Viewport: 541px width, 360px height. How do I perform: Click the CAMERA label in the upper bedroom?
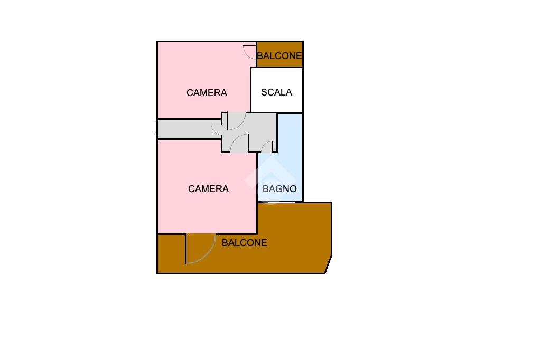click(207, 93)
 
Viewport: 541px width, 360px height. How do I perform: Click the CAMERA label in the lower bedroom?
click(208, 189)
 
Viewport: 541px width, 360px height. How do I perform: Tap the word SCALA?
click(276, 92)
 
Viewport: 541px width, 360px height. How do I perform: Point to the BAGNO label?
click(279, 189)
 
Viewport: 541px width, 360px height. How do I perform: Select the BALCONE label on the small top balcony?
click(279, 55)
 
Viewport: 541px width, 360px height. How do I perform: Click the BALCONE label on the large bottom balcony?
click(244, 243)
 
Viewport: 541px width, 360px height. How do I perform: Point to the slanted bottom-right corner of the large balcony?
click(328, 264)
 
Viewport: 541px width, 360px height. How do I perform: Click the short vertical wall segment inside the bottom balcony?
click(186, 248)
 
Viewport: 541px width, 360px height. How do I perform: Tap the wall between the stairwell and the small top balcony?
click(279, 67)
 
